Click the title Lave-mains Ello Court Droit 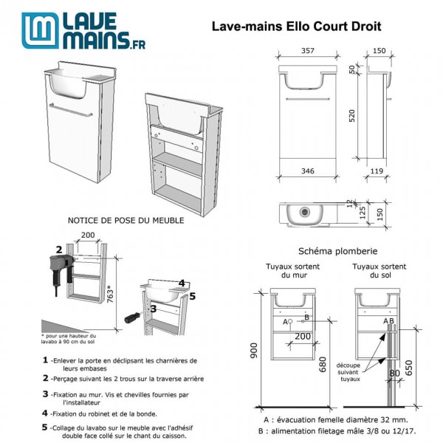coord(296,27)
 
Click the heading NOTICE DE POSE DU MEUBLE coord(126,219)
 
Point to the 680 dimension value coord(323,364)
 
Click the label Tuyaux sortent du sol coord(378,271)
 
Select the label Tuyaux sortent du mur coord(293,271)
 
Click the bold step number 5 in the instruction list coord(45,427)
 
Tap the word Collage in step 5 coord(67,427)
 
